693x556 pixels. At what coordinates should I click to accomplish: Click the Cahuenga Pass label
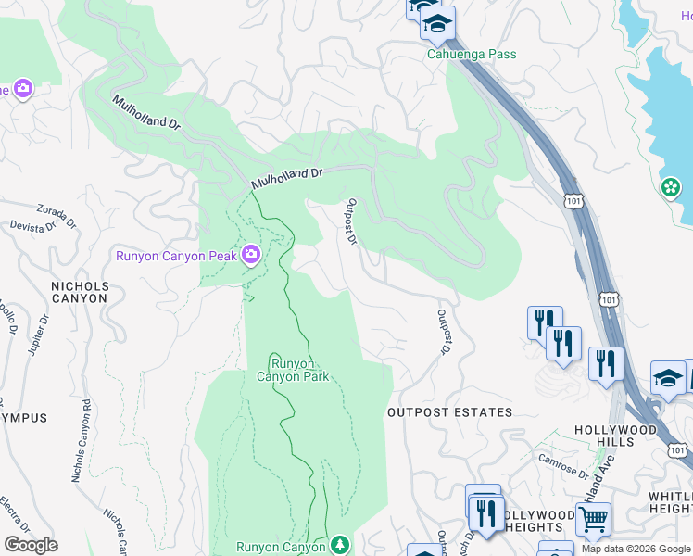click(x=471, y=54)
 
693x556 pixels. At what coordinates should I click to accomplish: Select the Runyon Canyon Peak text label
click(x=176, y=256)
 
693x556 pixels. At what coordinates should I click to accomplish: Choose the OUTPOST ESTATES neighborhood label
click(x=449, y=412)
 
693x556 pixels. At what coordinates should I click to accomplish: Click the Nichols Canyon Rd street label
click(x=82, y=440)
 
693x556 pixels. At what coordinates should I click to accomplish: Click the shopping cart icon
click(x=593, y=517)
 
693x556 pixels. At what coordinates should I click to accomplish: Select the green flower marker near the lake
click(x=670, y=188)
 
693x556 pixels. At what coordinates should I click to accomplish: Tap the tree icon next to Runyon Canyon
click(x=340, y=545)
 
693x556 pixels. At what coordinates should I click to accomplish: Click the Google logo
click(x=31, y=545)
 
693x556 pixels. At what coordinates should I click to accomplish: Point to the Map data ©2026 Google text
click(x=636, y=549)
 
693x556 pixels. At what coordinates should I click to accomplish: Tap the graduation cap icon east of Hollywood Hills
click(x=667, y=378)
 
